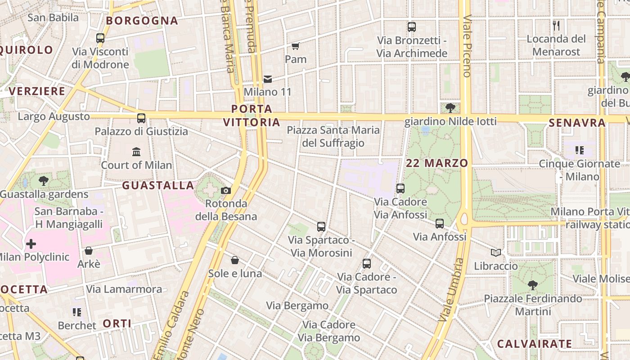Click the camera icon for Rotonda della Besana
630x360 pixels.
tap(226, 191)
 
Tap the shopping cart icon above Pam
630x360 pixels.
tap(296, 46)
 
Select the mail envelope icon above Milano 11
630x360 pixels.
tap(268, 79)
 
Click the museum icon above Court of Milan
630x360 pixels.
tap(136, 152)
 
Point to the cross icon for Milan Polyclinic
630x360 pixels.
tap(31, 244)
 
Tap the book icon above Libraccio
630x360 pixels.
tap(496, 253)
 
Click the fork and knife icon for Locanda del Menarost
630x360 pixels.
tap(557, 26)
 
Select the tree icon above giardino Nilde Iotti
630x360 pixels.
tap(450, 108)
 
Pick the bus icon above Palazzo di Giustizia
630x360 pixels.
tap(141, 118)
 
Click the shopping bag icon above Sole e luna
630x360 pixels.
tap(235, 260)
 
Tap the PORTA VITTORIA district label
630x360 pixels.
tap(252, 115)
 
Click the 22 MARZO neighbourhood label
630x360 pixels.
tap(437, 163)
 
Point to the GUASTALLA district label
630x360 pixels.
tap(158, 185)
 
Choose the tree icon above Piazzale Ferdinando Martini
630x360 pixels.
tap(532, 285)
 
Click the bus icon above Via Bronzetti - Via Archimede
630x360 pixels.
tap(412, 27)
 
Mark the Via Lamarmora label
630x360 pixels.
tap(124, 289)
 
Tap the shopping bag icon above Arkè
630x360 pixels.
tap(89, 251)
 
